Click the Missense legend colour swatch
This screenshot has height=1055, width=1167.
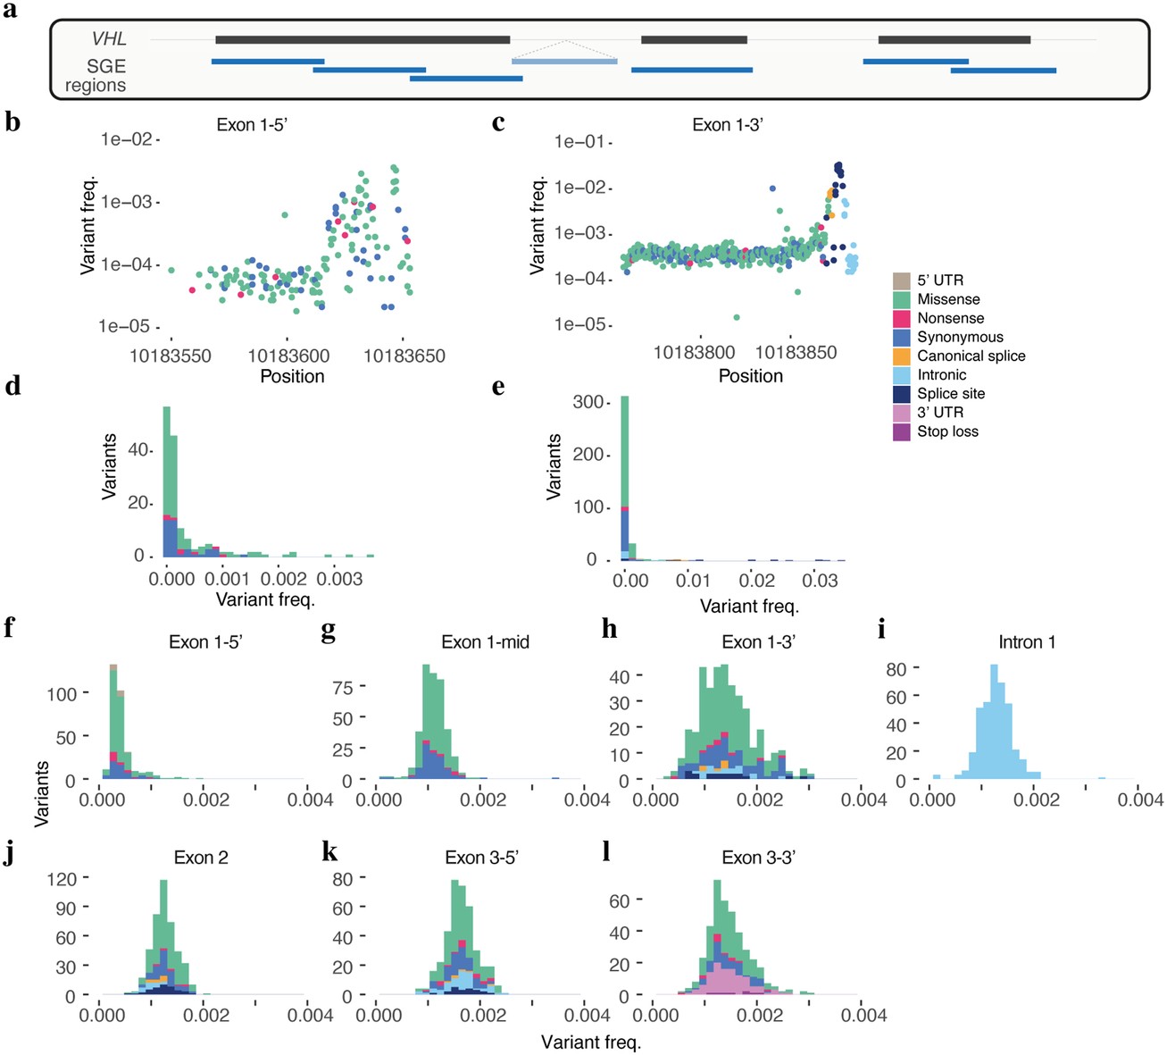pyautogui.click(x=901, y=299)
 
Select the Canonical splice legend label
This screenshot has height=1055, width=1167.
pyautogui.click(x=971, y=356)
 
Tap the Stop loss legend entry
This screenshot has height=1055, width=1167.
pyautogui.click(x=947, y=431)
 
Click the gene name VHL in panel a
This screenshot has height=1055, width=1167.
pyautogui.click(x=109, y=38)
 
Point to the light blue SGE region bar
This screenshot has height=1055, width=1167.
pyautogui.click(x=564, y=61)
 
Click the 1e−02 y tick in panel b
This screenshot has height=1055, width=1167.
pyautogui.click(x=126, y=139)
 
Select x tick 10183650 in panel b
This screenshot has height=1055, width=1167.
pyautogui.click(x=404, y=356)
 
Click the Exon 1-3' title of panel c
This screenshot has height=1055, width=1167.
pyautogui.click(x=727, y=125)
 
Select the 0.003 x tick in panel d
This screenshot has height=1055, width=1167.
pyautogui.click(x=341, y=579)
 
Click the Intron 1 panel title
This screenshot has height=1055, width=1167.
pyautogui.click(x=1027, y=642)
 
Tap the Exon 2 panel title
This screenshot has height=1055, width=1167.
pyautogui.click(x=201, y=858)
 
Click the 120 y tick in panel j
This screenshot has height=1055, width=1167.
pyautogui.click(x=62, y=878)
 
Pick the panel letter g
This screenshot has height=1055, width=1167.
pyautogui.click(x=329, y=631)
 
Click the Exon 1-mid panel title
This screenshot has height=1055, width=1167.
pyautogui.click(x=485, y=642)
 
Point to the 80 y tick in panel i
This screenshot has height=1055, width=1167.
pyautogui.click(x=896, y=669)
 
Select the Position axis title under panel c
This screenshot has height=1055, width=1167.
pyautogui.click(x=750, y=376)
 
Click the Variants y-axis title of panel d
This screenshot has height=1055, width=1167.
pyautogui.click(x=109, y=466)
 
